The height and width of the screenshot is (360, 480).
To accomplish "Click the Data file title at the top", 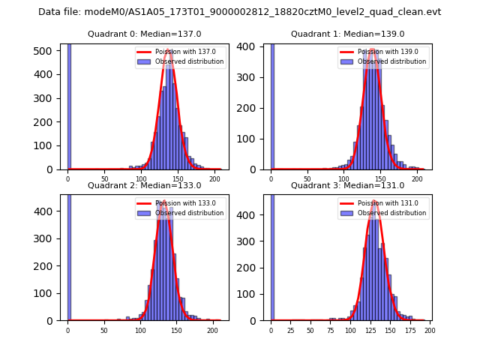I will point(239,12).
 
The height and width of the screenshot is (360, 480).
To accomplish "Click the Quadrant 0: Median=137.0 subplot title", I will point(144,34).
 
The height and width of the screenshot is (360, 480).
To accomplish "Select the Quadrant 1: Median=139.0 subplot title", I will point(347,34).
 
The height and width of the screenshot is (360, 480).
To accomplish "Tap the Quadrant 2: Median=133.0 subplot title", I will point(144,185).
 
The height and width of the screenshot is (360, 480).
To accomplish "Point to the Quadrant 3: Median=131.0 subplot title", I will point(347,185).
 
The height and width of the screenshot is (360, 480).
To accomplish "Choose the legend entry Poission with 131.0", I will point(388,203).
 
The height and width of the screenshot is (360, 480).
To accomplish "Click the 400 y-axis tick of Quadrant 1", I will point(253,46).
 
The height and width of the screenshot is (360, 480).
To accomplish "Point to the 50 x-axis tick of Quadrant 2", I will point(104,330).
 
